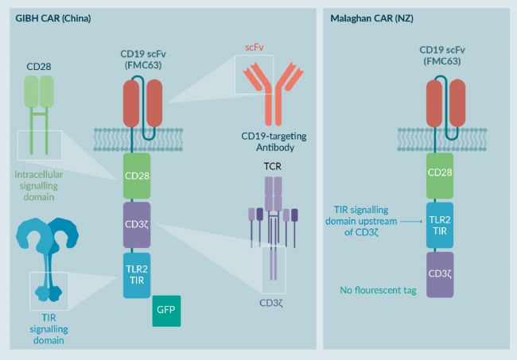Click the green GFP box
coord(166,311)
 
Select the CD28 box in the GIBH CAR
coord(137,176)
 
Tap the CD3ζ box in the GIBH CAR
coord(137,225)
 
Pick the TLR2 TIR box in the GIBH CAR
coord(137,275)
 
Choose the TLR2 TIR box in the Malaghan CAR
coord(440,225)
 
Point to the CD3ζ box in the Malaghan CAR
coord(440,275)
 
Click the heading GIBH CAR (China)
coord(53,18)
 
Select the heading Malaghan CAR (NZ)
coord(372,18)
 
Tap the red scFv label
coord(255,48)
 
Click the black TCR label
coord(273,166)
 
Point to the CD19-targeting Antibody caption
coord(274,141)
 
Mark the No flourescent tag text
coord(378,290)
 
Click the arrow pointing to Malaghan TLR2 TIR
coord(411,222)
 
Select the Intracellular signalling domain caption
coord(39,186)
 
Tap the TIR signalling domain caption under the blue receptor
coord(49,329)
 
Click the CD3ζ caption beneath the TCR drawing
coord(271,303)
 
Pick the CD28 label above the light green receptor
coord(39,67)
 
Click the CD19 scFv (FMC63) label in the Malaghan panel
coord(442,56)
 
